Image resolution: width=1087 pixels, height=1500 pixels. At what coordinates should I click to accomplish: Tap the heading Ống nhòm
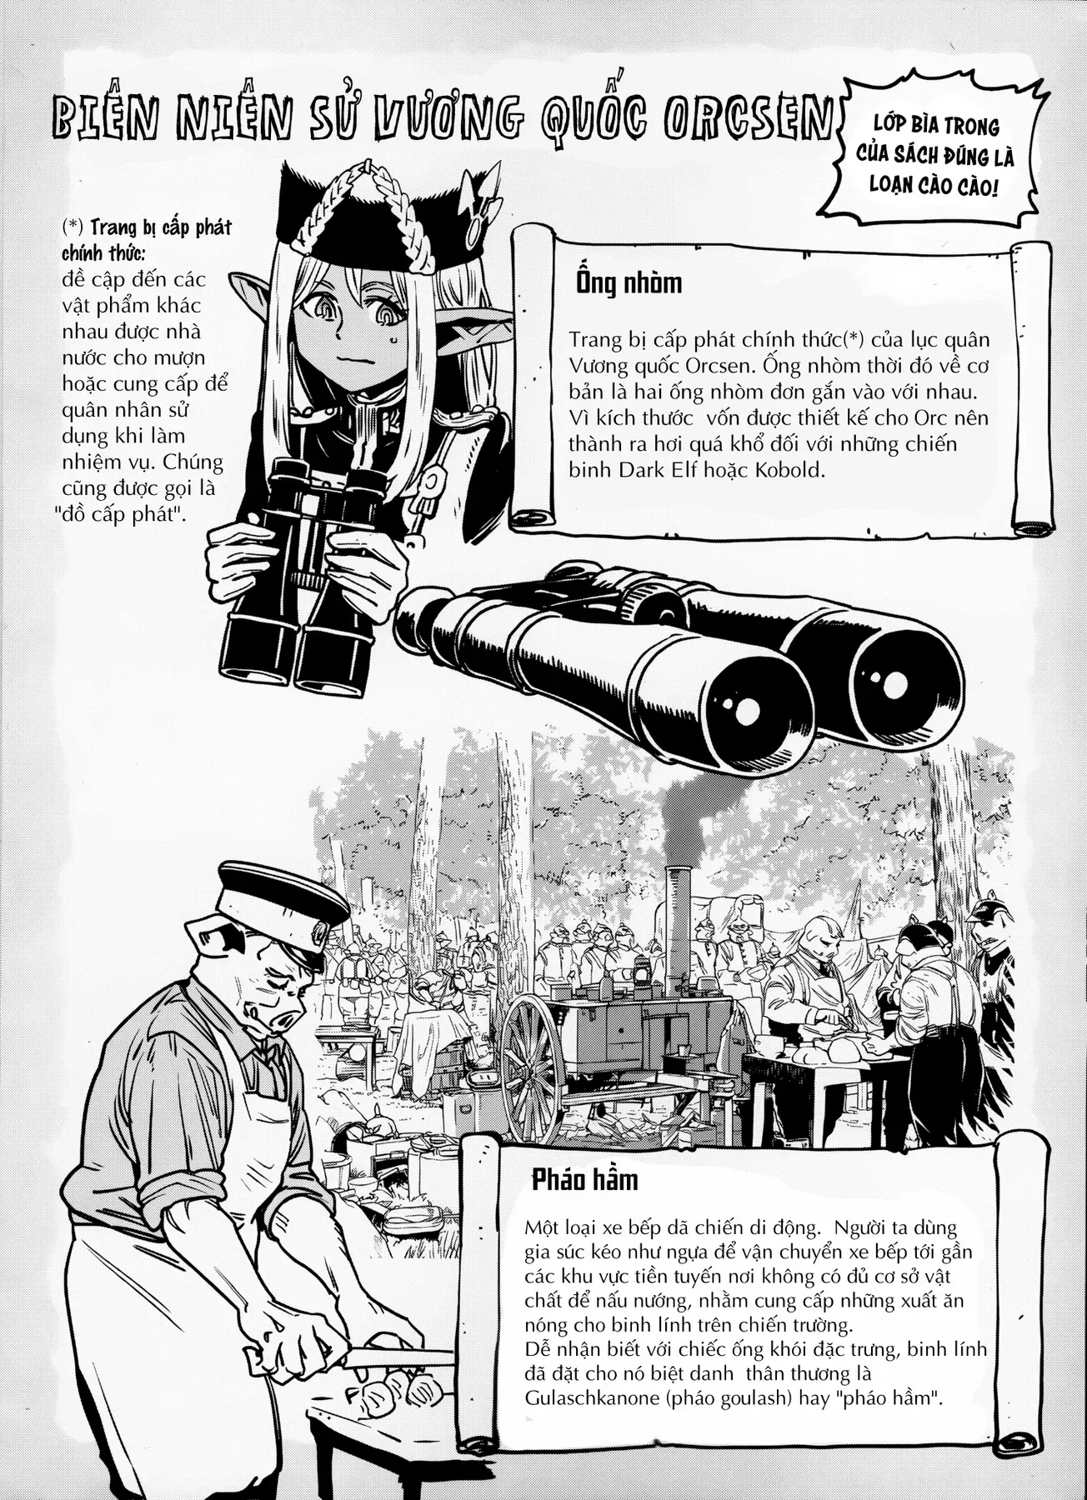click(629, 283)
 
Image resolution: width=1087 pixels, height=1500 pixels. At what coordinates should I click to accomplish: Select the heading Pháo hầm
click(585, 1179)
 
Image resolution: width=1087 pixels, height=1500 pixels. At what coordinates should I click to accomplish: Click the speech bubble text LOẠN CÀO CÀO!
click(934, 186)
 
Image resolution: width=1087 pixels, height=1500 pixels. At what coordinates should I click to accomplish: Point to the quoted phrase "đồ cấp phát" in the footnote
click(124, 513)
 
